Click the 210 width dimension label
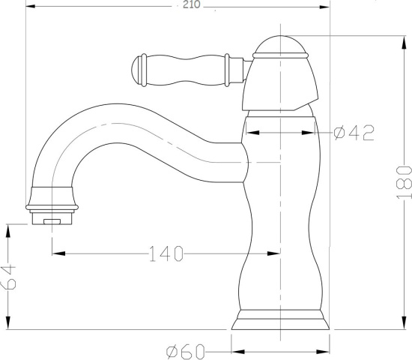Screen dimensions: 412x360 coord(191,4)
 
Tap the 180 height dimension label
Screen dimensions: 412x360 coord(404,182)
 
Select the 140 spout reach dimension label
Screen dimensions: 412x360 coord(166,253)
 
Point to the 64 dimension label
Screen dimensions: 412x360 coord(9,277)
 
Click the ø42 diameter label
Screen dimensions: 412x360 coord(354,133)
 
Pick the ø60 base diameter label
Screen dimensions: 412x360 coord(186,352)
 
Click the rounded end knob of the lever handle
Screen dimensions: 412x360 coord(136,70)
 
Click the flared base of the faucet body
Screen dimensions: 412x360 coord(280,319)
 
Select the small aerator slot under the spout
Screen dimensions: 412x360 coord(52,221)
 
